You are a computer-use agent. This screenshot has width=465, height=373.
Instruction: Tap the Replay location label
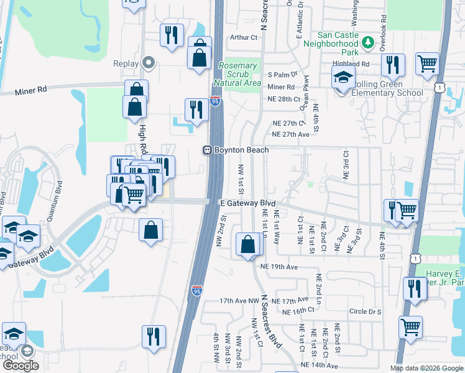coord(125,63)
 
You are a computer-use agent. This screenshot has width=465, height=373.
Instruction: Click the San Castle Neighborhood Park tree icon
coord(367,42)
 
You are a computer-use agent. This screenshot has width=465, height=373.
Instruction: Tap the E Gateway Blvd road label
coord(247,203)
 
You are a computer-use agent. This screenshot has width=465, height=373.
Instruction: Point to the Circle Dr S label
coord(365,311)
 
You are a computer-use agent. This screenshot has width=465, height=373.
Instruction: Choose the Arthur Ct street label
coord(244,37)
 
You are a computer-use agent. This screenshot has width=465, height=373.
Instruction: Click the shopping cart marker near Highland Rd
coord(427,63)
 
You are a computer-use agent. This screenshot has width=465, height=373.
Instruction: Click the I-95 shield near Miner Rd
coord(214,100)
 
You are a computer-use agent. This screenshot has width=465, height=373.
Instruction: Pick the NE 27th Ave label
coord(290,134)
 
